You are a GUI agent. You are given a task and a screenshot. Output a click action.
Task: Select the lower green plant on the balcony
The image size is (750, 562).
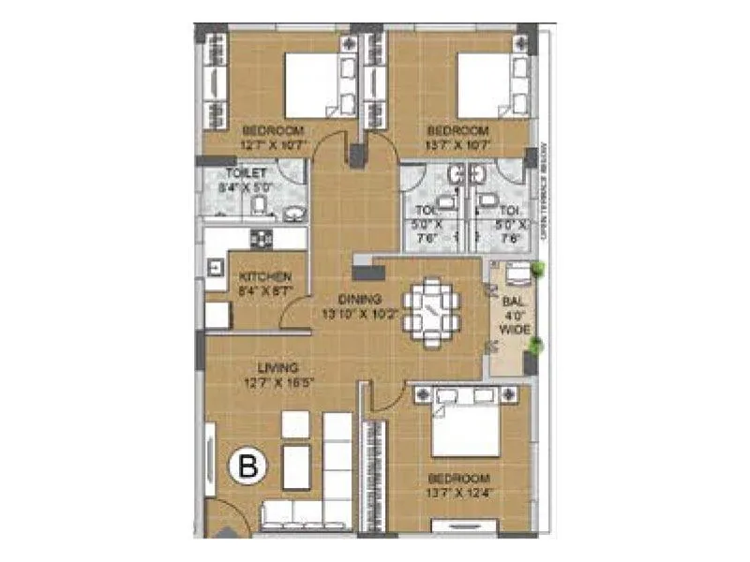pos(535,348)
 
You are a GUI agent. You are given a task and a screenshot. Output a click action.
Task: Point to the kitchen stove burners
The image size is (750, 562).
pos(262,239)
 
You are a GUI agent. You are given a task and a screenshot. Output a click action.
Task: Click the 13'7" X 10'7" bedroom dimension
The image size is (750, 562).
pos(459,144)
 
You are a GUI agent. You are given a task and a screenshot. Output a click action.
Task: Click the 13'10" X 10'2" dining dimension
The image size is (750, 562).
pos(360,315)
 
